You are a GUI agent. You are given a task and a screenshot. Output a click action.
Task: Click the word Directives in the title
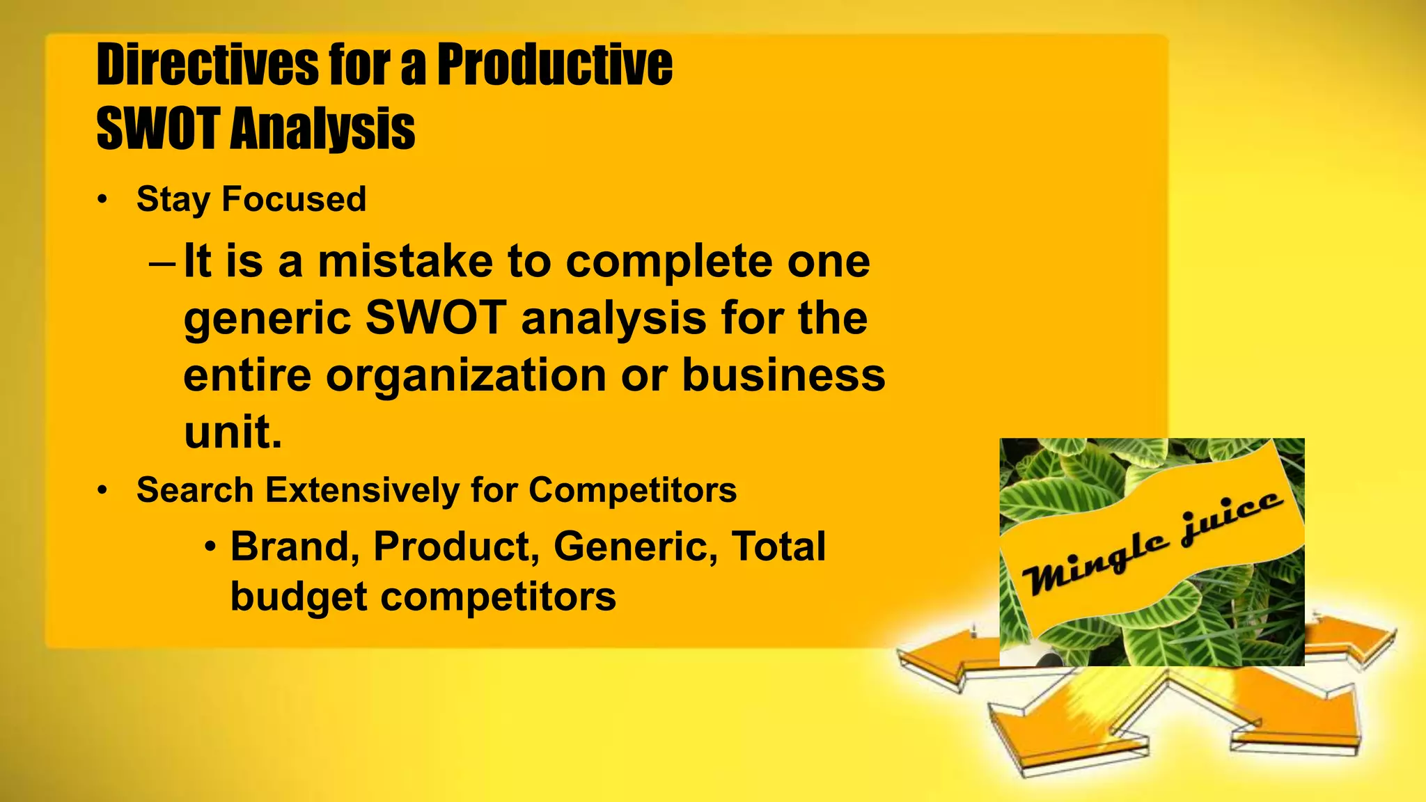click(x=206, y=65)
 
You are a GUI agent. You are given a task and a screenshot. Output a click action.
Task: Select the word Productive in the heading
click(x=554, y=65)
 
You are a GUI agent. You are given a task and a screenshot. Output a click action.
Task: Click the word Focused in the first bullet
click(x=293, y=199)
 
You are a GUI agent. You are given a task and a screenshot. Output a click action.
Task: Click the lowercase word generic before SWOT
click(x=267, y=319)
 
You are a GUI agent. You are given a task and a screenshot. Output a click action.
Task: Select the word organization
click(x=466, y=375)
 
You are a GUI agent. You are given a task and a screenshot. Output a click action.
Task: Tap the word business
click(x=783, y=375)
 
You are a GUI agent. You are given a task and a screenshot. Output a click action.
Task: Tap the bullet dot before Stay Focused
click(x=103, y=200)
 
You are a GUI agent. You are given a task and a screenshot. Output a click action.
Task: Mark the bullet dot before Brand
click(x=212, y=547)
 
